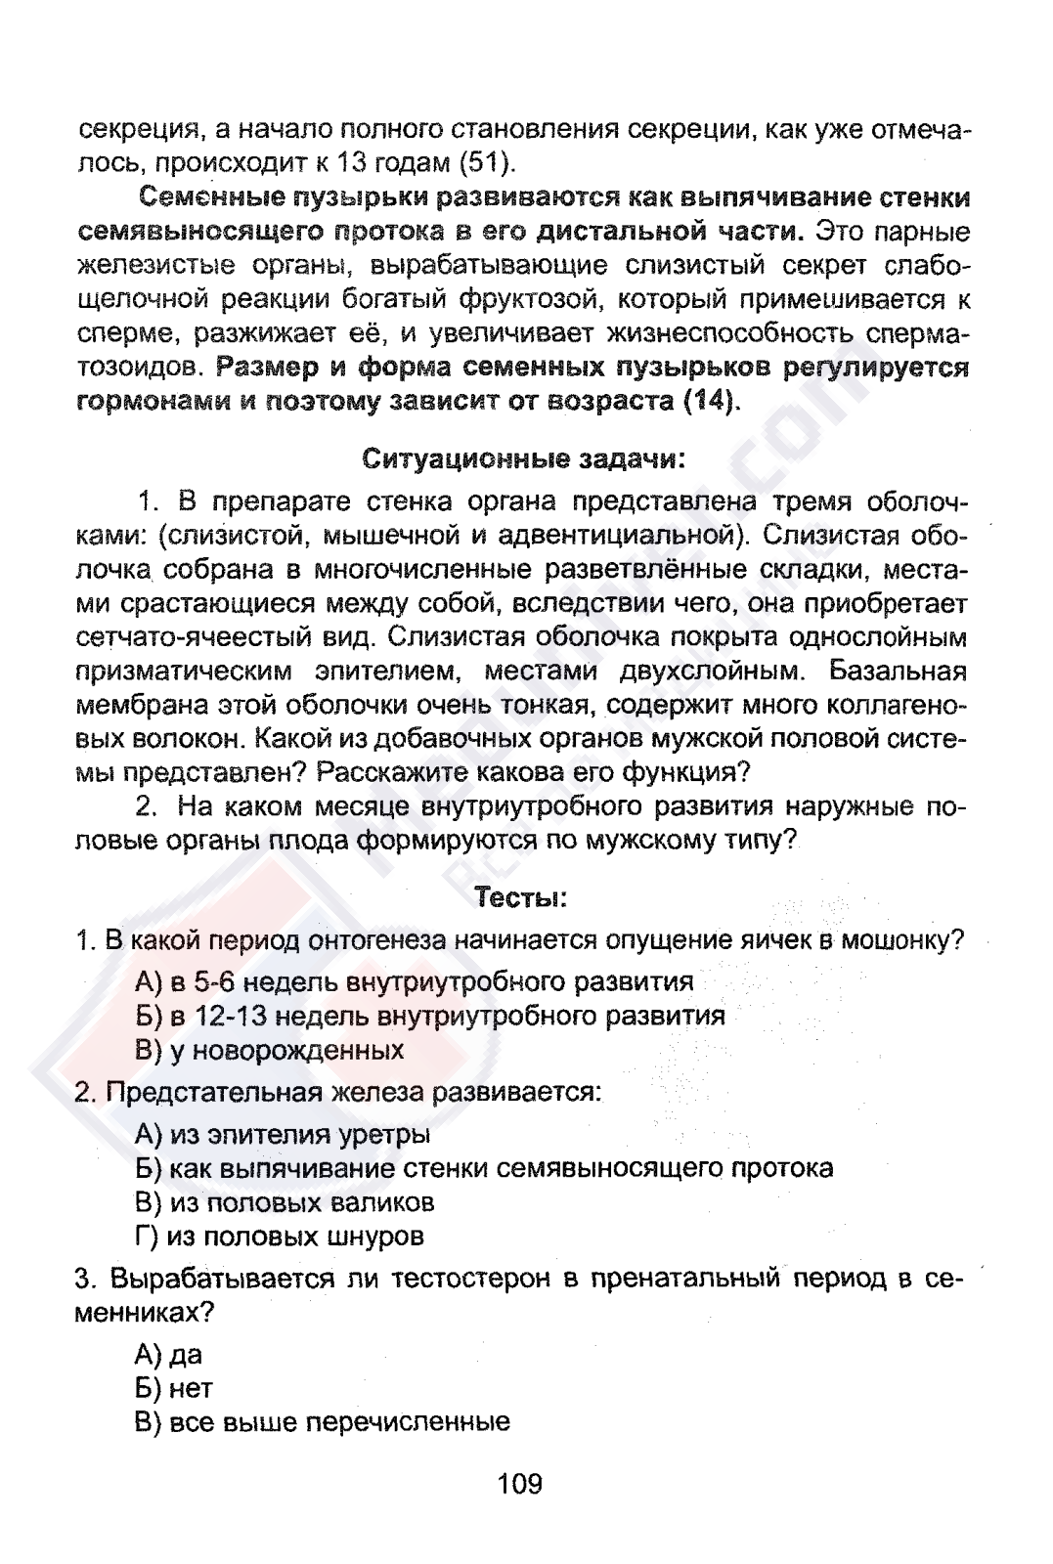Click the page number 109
pos(519,1485)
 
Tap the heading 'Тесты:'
pos(521,896)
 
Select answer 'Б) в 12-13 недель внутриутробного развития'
pos(430,1016)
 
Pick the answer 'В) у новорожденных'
pos(270,1050)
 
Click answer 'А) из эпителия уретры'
pos(283,1135)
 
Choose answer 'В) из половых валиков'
pos(285,1201)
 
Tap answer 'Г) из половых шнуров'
pos(280,1237)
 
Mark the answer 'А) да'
pos(169,1354)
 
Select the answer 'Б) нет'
pos(174,1388)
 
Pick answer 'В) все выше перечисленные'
pos(323,1421)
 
